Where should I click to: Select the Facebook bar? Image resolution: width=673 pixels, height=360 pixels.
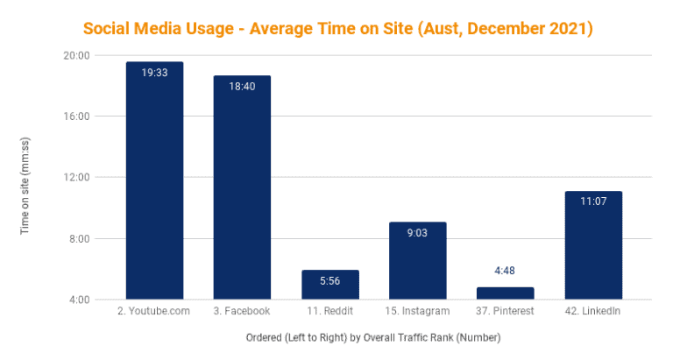243,187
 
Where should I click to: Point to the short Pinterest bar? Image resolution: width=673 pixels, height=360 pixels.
506,293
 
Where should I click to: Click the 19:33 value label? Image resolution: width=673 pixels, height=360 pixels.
154,74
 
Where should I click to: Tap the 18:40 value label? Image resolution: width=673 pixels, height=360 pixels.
243,88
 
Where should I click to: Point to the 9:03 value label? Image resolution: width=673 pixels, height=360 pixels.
418,235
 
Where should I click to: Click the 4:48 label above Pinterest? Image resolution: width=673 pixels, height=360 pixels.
506,271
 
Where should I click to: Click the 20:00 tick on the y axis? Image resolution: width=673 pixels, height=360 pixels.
79,55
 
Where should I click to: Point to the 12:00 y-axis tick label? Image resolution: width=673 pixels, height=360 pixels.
79,178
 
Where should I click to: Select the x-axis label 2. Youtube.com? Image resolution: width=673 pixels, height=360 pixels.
154,311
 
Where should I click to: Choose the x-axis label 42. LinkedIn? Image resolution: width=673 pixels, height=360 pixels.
593,311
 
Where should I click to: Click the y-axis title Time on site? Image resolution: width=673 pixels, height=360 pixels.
25,179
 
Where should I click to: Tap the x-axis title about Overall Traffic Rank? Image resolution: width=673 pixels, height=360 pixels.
362,337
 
